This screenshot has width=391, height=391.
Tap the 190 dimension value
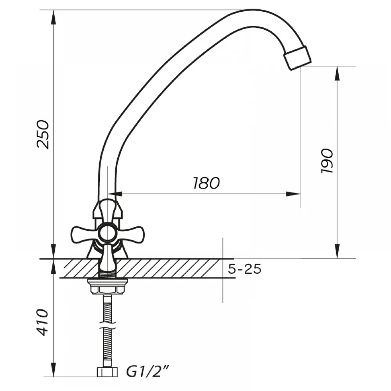[326, 161]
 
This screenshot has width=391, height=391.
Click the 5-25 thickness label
[244, 269]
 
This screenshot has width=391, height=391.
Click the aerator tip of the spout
[298, 58]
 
